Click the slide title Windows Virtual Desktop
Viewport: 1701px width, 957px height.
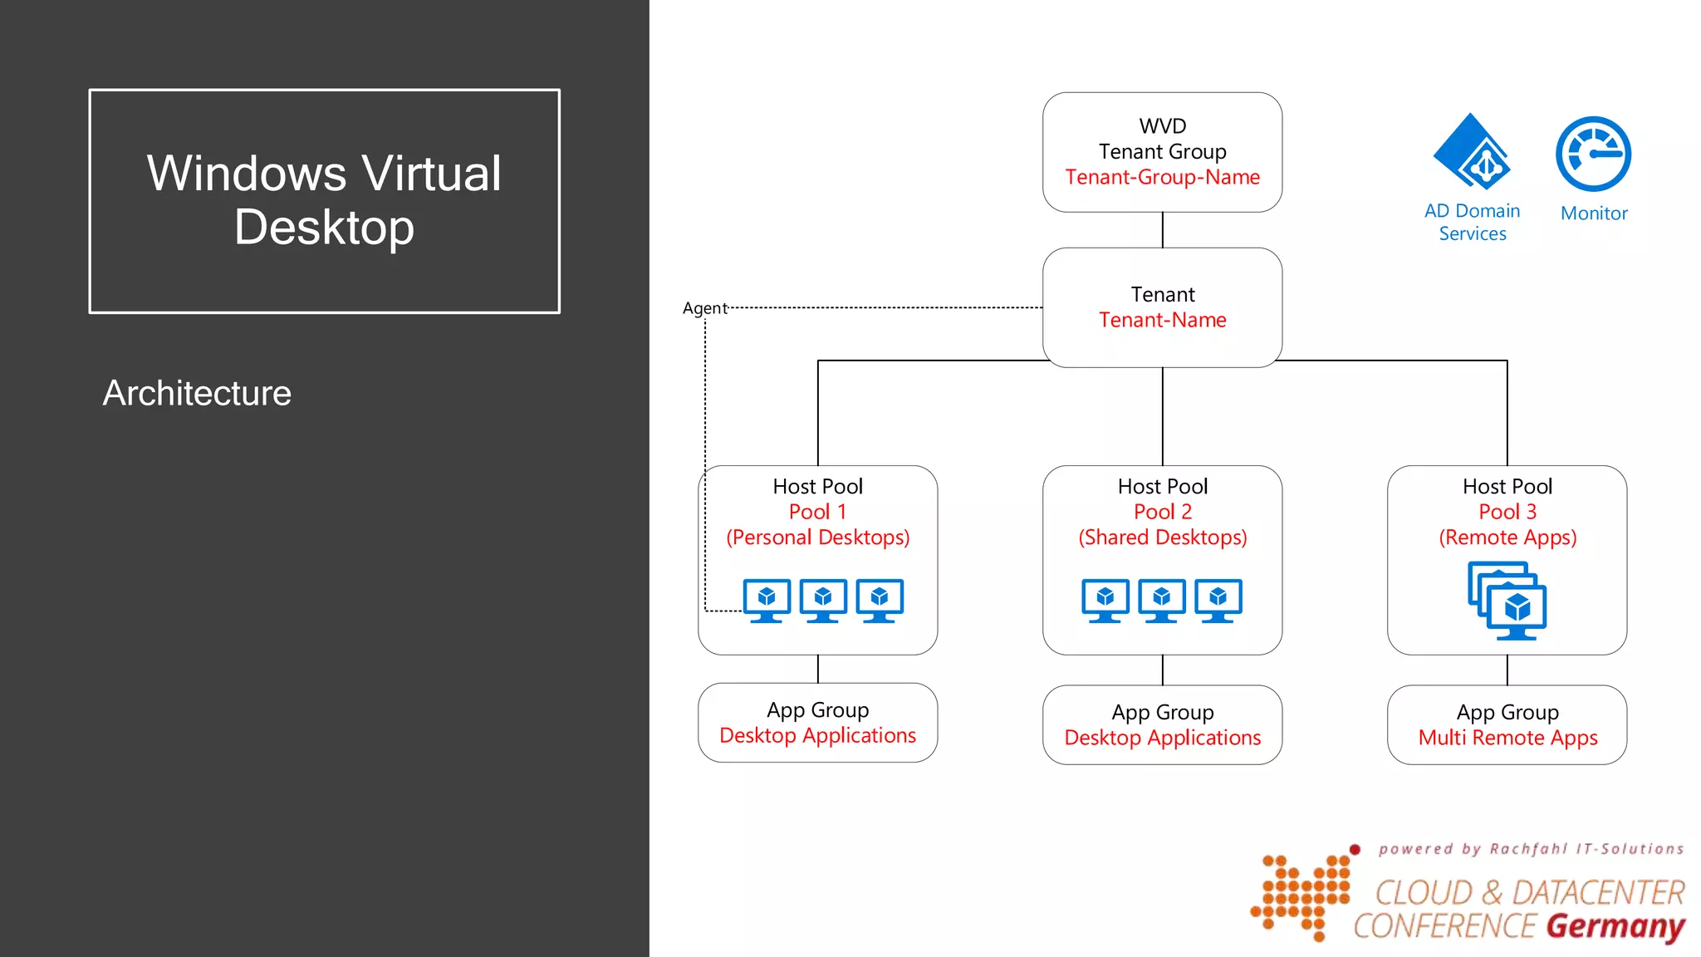point(324,200)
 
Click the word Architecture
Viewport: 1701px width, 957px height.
point(197,393)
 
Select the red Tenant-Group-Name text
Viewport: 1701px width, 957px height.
point(1162,177)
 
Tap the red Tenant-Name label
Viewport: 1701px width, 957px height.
point(1162,320)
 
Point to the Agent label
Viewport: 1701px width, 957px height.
point(704,308)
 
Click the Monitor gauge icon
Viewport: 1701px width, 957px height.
point(1593,155)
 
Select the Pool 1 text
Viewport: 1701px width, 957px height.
point(817,512)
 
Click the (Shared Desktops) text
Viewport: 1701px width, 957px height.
point(1162,537)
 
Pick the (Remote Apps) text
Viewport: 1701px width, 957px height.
point(1507,537)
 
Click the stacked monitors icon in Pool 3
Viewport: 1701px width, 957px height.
point(1507,601)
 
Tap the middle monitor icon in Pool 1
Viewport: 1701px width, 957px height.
point(823,600)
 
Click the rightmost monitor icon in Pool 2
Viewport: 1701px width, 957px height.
point(1218,600)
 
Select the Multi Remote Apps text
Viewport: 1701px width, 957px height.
point(1507,738)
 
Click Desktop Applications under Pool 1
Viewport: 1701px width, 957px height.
point(817,735)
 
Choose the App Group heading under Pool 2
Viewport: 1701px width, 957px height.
point(1162,712)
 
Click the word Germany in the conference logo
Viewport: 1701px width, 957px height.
point(1615,925)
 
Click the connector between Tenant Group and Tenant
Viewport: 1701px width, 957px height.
point(1162,230)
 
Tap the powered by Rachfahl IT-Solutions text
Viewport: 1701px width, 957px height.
point(1530,849)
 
